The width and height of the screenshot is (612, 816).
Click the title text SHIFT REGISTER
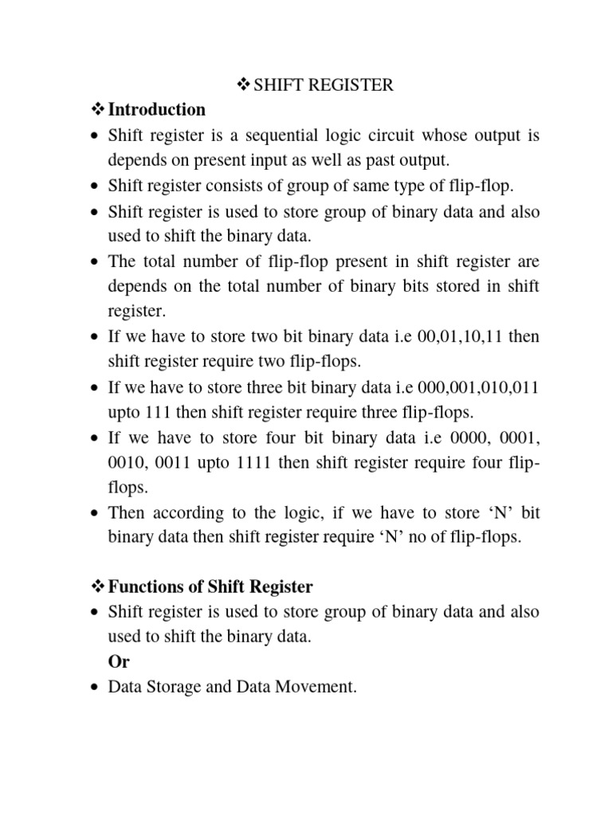[324, 84]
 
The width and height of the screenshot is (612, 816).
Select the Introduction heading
[156, 109]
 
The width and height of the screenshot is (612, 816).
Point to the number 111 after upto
[159, 412]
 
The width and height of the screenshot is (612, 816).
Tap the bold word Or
[119, 661]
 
